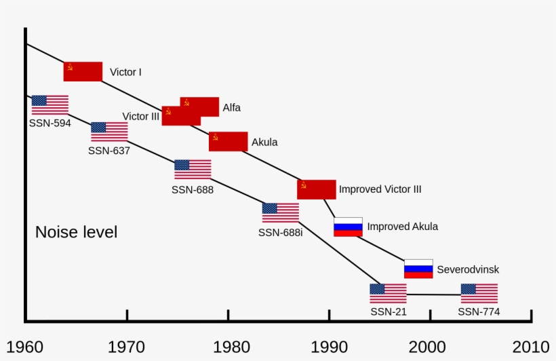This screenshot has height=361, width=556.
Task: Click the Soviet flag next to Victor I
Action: (83, 71)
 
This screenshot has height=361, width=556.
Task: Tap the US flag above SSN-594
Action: (50, 105)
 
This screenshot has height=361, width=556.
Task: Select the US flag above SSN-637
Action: (109, 132)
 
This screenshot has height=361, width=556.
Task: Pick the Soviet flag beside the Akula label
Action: (228, 142)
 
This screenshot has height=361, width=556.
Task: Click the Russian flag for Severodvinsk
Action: (418, 269)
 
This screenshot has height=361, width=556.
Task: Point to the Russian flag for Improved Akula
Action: (348, 227)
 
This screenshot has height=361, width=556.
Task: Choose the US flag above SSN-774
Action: (479, 293)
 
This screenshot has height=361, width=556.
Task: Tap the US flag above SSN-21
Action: (388, 293)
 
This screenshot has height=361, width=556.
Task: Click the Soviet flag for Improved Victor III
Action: (316, 189)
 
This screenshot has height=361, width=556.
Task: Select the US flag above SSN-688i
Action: (280, 212)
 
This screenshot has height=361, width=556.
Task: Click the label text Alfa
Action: (231, 107)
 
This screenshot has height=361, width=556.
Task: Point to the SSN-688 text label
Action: (193, 190)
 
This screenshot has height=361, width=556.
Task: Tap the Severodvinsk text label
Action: (468, 269)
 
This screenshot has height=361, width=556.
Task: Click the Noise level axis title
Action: (76, 232)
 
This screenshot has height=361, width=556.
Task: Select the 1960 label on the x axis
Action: (24, 347)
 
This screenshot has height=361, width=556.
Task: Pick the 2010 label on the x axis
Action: (531, 347)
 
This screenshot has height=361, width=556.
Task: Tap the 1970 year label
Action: (126, 347)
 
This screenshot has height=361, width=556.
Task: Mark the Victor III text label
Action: (141, 116)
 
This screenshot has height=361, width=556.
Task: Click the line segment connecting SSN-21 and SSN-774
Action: (433, 294)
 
